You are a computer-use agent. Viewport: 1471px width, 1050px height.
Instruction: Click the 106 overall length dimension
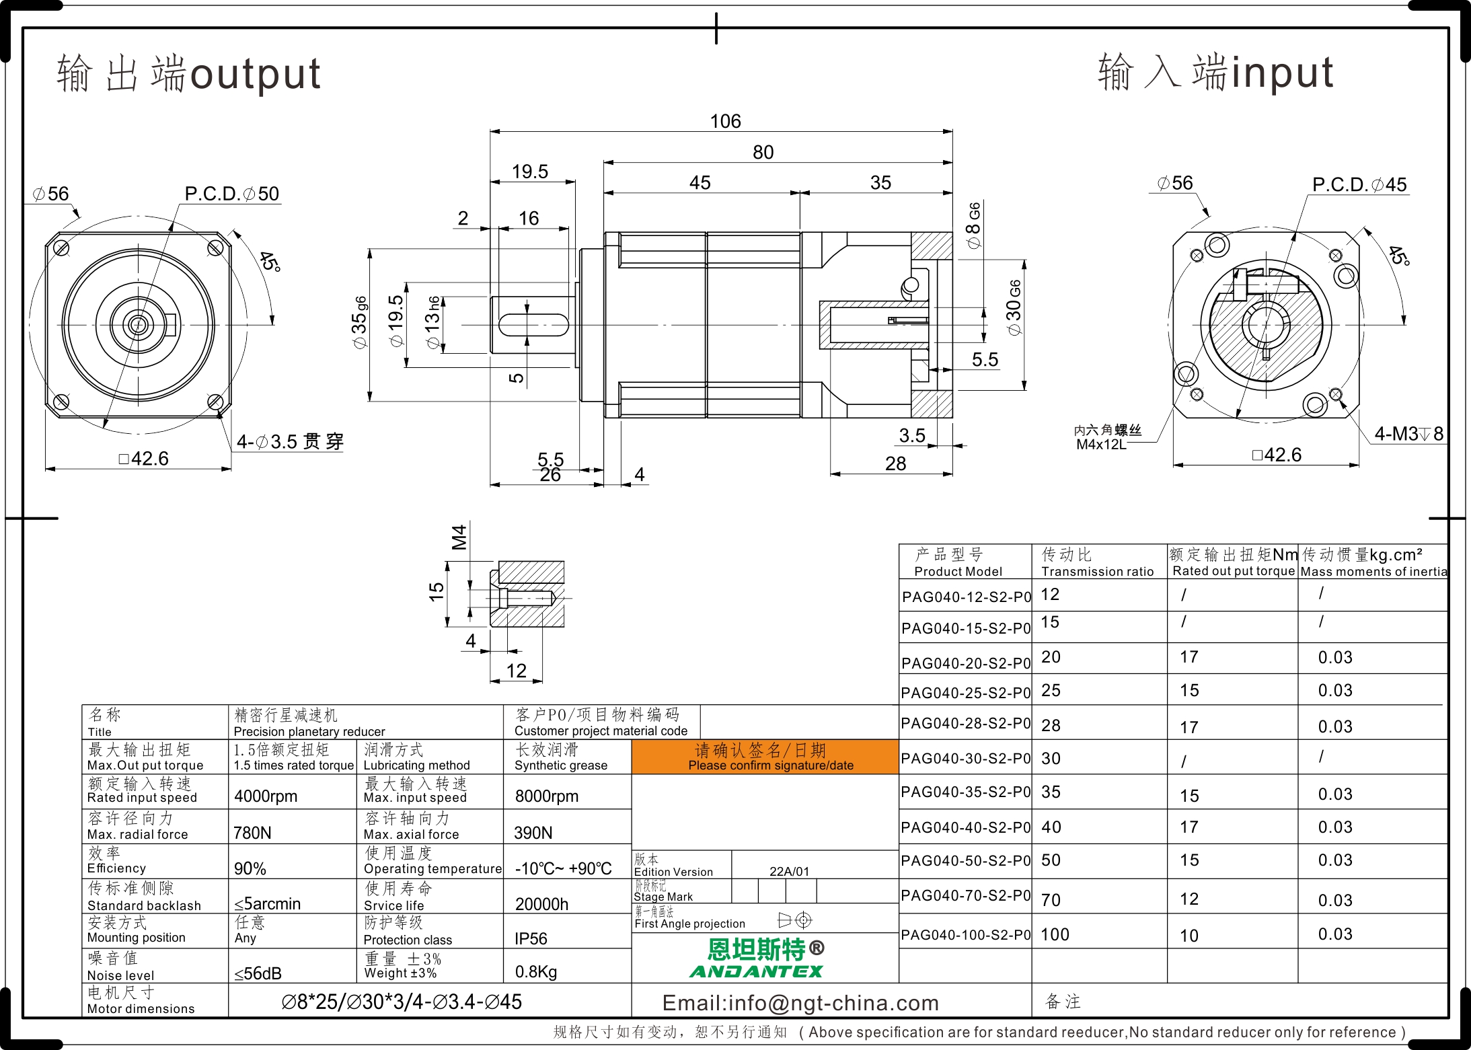pos(725,121)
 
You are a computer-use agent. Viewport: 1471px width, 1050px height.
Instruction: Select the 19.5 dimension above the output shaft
pos(530,172)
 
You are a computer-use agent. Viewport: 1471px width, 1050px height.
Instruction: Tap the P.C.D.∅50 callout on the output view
pos(231,194)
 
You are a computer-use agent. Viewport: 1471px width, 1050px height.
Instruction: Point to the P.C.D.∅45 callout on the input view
pos(1359,185)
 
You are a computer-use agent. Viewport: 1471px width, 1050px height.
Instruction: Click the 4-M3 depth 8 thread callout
pos(1408,434)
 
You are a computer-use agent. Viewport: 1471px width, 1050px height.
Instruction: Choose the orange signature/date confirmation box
pos(765,757)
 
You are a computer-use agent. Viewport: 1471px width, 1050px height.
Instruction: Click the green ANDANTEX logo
pos(756,971)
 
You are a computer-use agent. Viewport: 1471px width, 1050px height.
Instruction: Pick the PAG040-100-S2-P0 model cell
pos(966,934)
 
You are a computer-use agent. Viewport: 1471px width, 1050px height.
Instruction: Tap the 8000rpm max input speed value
pos(547,796)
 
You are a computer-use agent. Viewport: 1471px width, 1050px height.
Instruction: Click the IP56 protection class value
pos(531,938)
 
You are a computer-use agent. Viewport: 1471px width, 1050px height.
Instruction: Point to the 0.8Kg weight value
pos(536,972)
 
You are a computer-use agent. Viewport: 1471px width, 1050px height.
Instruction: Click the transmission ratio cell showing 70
pos(1051,900)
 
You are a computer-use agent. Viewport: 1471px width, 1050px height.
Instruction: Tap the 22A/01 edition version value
pos(789,871)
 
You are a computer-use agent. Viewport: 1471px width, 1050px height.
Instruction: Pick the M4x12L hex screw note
pos(1101,445)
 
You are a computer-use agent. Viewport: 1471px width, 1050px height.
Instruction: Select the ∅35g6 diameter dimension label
pos(360,322)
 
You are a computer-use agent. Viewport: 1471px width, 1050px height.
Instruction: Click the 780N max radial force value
pos(252,833)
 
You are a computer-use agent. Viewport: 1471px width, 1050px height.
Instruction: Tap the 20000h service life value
pos(541,904)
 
